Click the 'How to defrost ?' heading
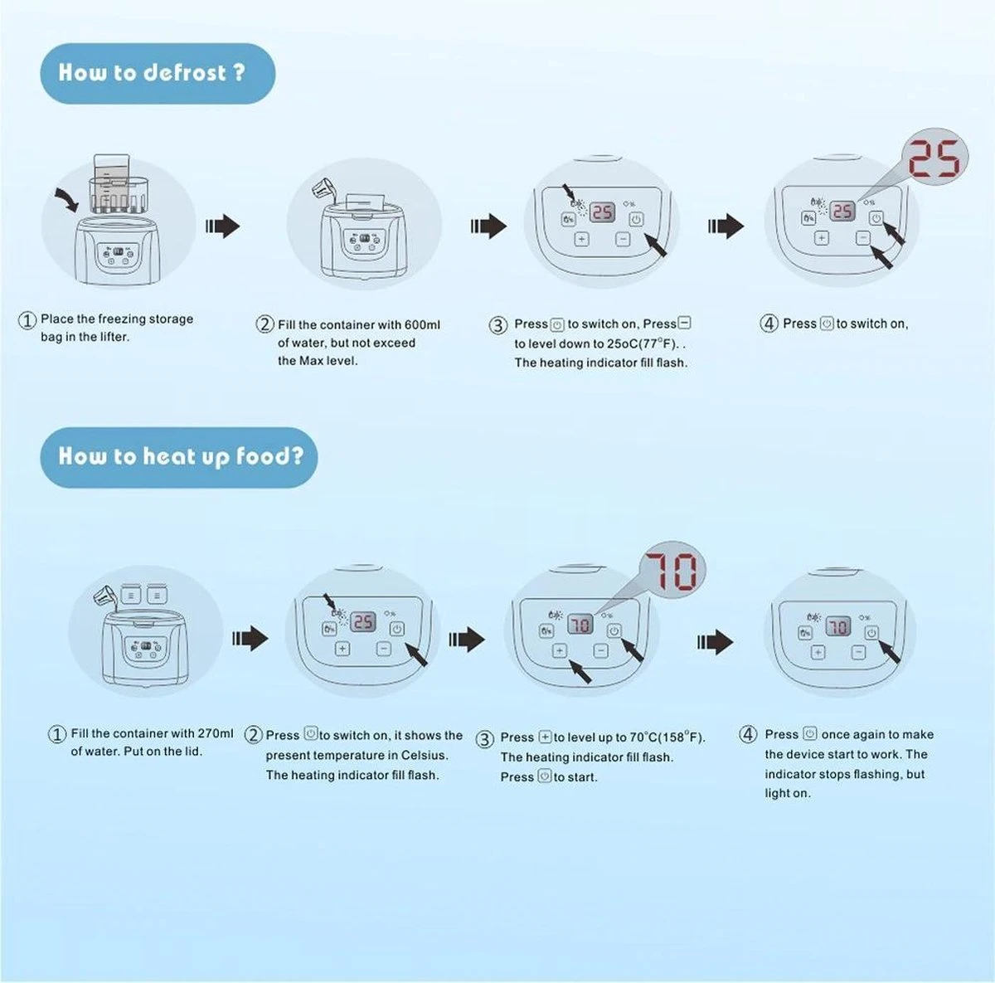tap(153, 73)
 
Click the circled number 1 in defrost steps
tap(27, 320)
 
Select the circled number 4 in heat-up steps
tap(748, 735)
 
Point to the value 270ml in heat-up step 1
tap(216, 733)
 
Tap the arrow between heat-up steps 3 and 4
tap(714, 641)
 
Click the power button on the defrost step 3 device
tap(636, 220)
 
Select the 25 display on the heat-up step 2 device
tap(363, 621)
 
